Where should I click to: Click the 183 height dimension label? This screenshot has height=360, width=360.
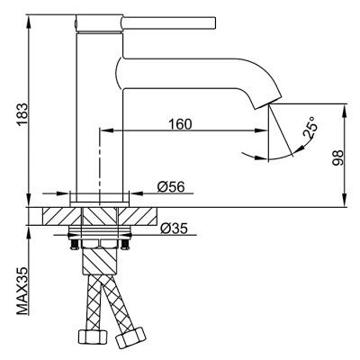coord(23,115)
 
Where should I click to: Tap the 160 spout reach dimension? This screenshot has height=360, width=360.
coord(180,124)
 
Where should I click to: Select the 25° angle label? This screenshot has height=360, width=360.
coord(310,128)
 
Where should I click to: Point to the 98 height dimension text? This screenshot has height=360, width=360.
coord(337,158)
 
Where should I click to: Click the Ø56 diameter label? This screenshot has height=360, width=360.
coord(171,187)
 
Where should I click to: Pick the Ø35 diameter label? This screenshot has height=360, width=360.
coord(174,229)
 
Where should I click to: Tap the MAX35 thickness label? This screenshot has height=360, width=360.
coord(22,291)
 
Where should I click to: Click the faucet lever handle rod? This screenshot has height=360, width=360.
coord(169,23)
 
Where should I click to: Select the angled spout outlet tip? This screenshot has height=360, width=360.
coord(268,103)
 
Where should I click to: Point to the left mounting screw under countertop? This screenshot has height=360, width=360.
coord(73,243)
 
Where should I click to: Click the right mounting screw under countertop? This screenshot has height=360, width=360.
coord(125,243)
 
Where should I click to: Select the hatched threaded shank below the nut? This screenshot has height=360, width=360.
coord(99,260)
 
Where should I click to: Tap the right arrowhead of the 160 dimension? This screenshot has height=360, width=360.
coord(260,130)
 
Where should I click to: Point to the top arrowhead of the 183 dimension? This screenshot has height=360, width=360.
coord(29,22)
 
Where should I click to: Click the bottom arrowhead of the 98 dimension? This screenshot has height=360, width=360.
coord(346,200)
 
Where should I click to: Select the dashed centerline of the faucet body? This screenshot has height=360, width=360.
coord(99,167)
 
